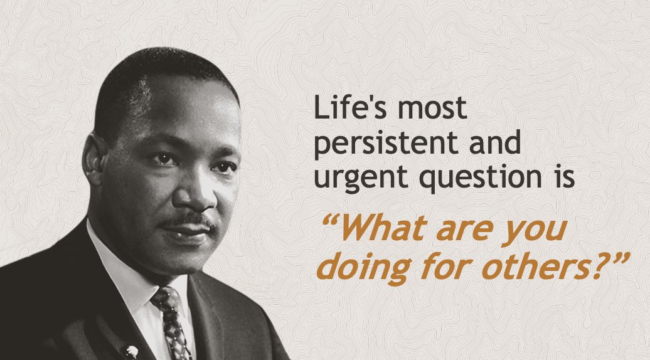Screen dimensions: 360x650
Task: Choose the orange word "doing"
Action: pos(358,267)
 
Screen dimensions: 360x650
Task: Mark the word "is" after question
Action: pos(562,177)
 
